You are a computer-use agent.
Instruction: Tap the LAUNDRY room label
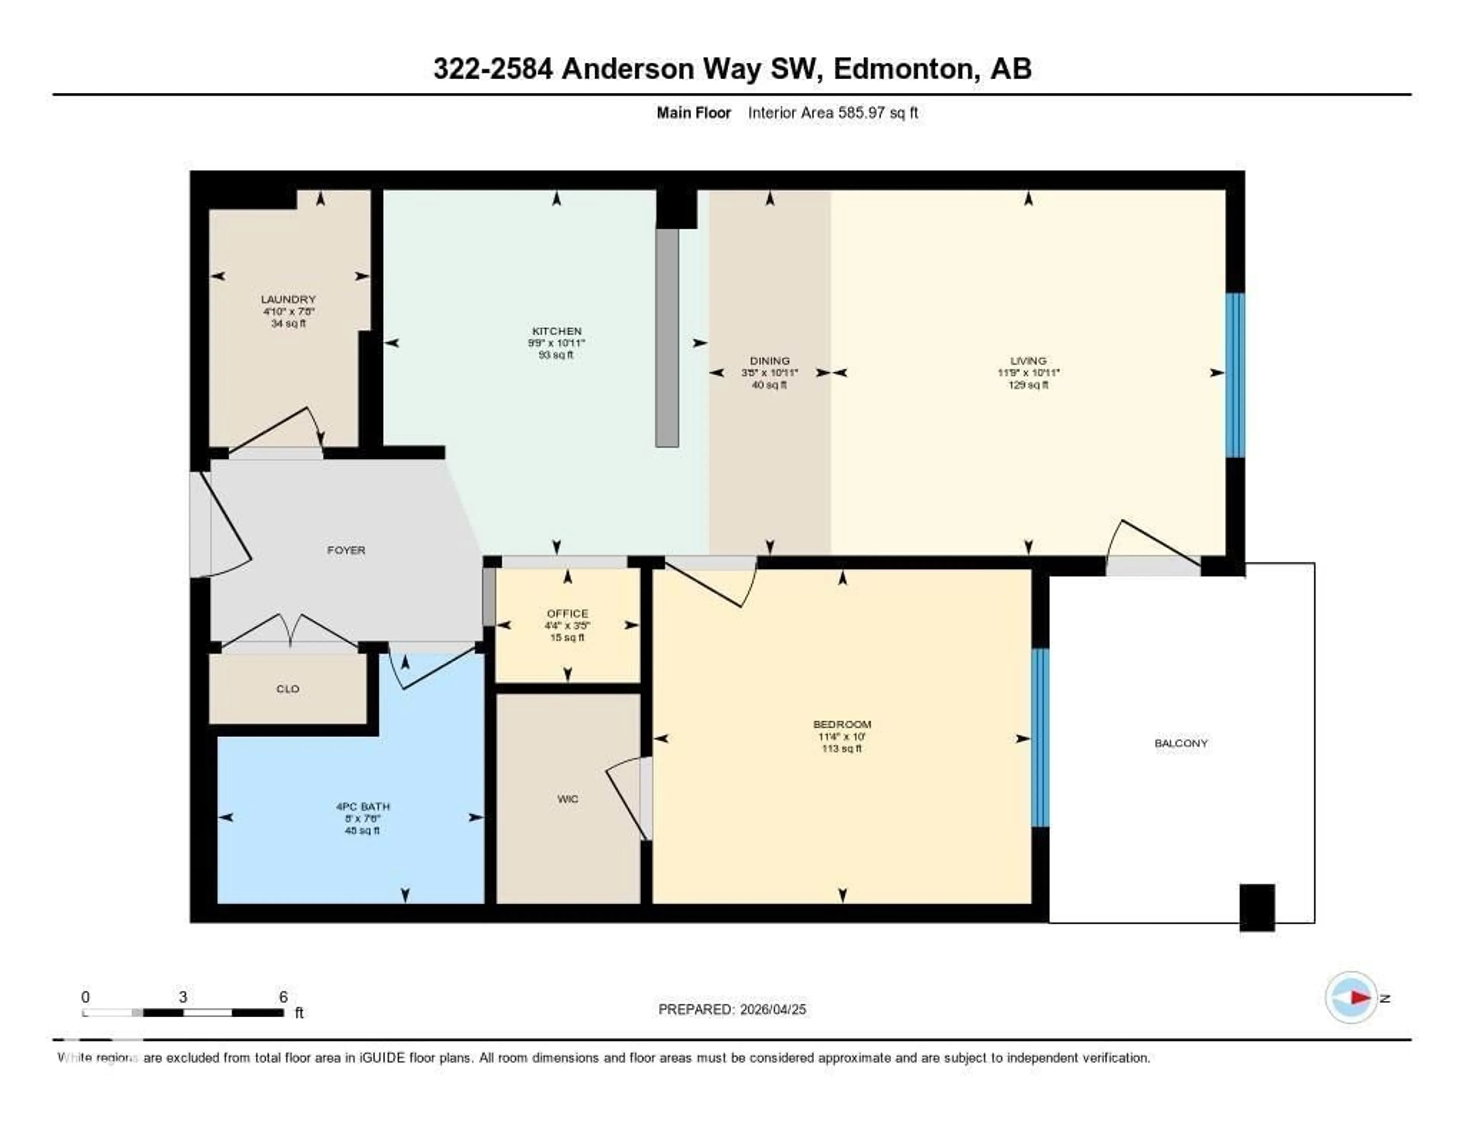pyautogui.click(x=288, y=299)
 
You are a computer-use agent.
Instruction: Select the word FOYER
pyautogui.click(x=346, y=550)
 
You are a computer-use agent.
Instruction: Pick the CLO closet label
pyautogui.click(x=287, y=689)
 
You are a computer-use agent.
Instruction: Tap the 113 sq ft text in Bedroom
pyautogui.click(x=842, y=748)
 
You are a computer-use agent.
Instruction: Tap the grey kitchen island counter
pyautogui.click(x=667, y=337)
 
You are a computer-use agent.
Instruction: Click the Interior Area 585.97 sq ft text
pyautogui.click(x=833, y=112)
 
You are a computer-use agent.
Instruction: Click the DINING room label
pyautogui.click(x=769, y=361)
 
